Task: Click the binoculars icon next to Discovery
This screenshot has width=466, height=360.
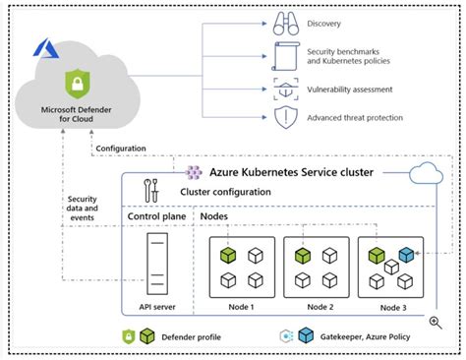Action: [283, 23]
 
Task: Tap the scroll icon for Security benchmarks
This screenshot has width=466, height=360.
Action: [283, 54]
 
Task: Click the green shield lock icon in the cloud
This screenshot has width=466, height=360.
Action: [72, 83]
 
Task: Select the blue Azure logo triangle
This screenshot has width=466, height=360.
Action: [43, 46]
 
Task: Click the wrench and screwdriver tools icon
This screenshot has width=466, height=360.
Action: [151, 189]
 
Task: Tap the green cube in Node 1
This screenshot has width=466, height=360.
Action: [226, 256]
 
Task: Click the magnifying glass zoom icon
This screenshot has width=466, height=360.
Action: [435, 322]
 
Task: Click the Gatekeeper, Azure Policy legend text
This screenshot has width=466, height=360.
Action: [365, 337]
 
